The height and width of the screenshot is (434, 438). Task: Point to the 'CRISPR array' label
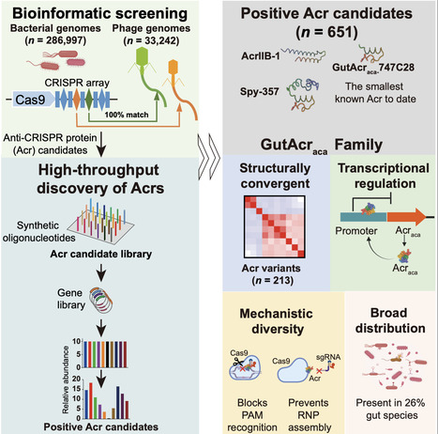(98, 82)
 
